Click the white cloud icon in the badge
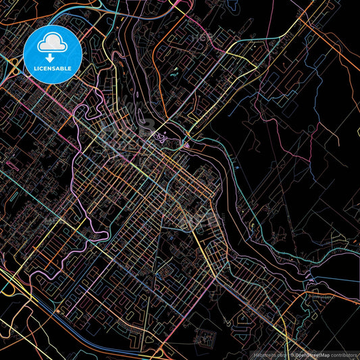[x=53, y=44]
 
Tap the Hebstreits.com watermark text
[x=269, y=355]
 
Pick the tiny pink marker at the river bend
[x=186, y=145]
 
